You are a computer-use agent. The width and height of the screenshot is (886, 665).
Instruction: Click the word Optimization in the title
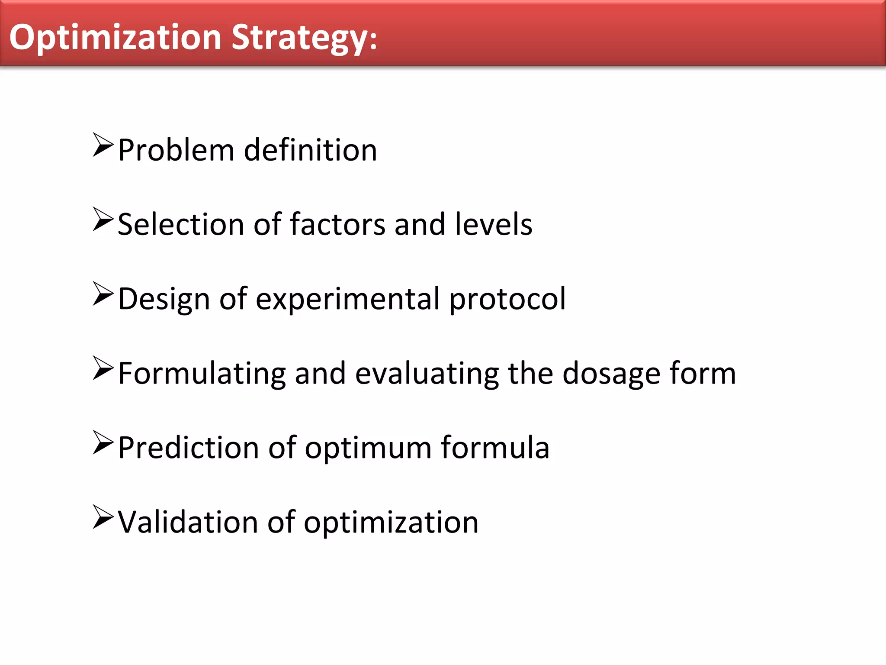[x=115, y=38]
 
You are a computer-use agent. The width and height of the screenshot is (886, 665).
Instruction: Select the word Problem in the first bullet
[x=176, y=150]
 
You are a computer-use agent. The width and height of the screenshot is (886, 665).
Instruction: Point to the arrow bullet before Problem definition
[x=103, y=145]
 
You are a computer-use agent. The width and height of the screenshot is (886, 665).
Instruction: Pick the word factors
[x=337, y=225]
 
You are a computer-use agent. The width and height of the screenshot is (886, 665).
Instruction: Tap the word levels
[x=494, y=225]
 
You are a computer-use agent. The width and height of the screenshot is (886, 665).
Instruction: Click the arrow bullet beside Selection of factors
[x=103, y=220]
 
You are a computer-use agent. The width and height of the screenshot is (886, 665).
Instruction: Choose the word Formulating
[x=202, y=374]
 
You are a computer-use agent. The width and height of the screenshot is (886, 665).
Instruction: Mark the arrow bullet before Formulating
[x=103, y=368]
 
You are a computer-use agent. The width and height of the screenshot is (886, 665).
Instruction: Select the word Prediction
[x=188, y=448]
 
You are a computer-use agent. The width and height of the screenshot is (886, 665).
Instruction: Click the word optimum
[x=368, y=448]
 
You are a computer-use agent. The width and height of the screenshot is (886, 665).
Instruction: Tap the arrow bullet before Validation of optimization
[x=103, y=517]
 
